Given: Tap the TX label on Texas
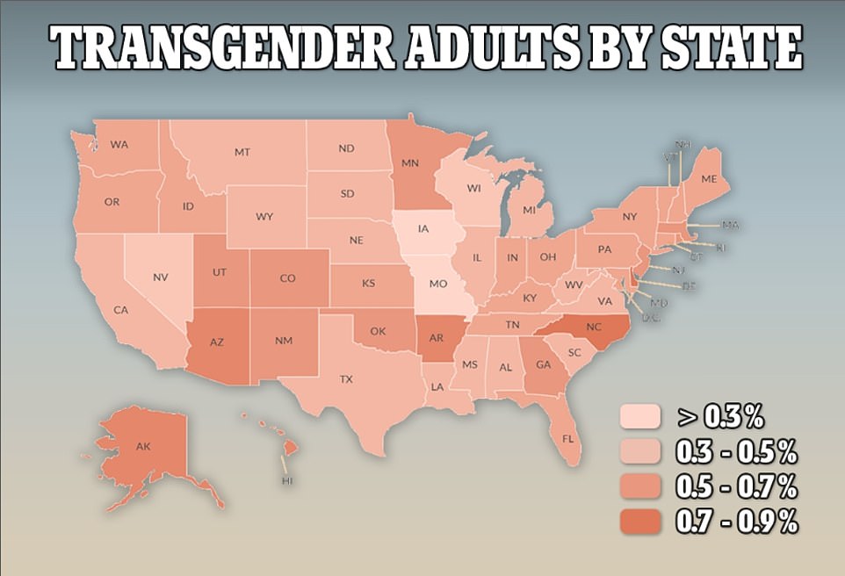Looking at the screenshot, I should click(346, 379).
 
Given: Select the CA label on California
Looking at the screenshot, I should click(120, 309).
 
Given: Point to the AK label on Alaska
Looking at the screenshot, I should click(143, 447).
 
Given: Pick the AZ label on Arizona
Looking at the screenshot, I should click(218, 345).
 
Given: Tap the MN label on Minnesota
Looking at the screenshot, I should click(409, 163).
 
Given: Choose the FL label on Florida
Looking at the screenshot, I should click(568, 436).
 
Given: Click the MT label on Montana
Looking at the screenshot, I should click(242, 152).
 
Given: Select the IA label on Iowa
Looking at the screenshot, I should click(423, 229).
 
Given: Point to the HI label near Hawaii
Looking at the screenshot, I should click(286, 482).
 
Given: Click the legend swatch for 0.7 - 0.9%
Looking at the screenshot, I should click(642, 521).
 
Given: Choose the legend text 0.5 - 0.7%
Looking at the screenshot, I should click(734, 486).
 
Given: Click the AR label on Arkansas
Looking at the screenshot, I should click(437, 335).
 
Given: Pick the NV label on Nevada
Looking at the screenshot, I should click(160, 277).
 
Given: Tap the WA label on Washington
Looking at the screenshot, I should click(119, 144).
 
